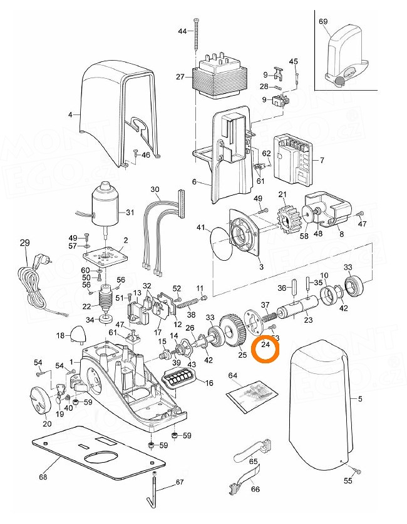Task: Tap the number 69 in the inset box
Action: point(323,21)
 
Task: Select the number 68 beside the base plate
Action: point(43,478)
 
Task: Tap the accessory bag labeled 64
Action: point(250,395)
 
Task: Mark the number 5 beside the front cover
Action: point(359,397)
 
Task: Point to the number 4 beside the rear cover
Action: point(70,115)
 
